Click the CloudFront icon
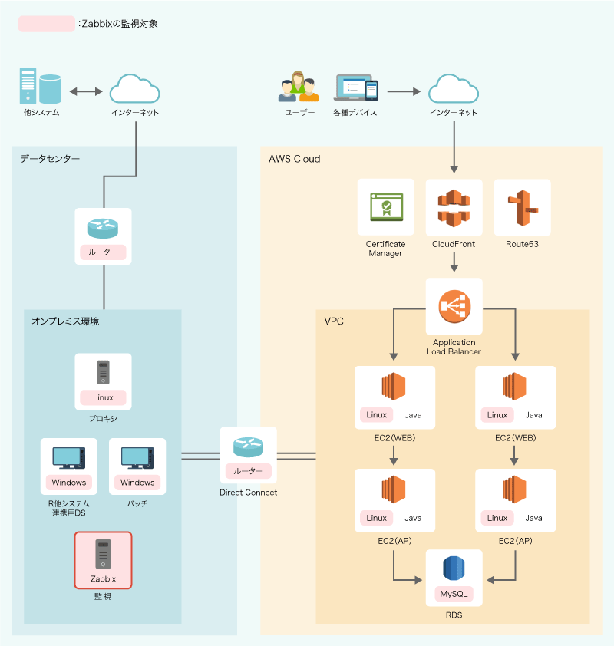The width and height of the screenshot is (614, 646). click(x=454, y=208)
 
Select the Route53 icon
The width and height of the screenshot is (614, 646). click(x=522, y=208)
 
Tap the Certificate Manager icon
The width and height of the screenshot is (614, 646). click(x=385, y=207)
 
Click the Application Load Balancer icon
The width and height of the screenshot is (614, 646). click(x=454, y=307)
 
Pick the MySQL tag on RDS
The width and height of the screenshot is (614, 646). click(x=454, y=594)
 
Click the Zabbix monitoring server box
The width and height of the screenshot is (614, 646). click(x=103, y=560)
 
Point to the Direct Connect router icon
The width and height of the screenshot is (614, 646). click(x=248, y=447)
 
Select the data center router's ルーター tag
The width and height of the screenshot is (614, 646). click(x=103, y=252)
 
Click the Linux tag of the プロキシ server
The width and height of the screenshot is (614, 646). click(x=103, y=397)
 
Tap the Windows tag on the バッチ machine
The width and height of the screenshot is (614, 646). click(x=137, y=483)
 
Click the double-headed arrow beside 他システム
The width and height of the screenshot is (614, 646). click(x=86, y=91)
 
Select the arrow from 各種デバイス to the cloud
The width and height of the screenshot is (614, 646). click(x=404, y=91)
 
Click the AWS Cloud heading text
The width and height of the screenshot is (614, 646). click(x=294, y=159)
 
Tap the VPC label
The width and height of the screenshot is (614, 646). click(x=334, y=321)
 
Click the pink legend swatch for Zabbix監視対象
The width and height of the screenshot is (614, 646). click(x=47, y=24)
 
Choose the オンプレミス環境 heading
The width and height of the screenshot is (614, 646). click(x=65, y=321)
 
